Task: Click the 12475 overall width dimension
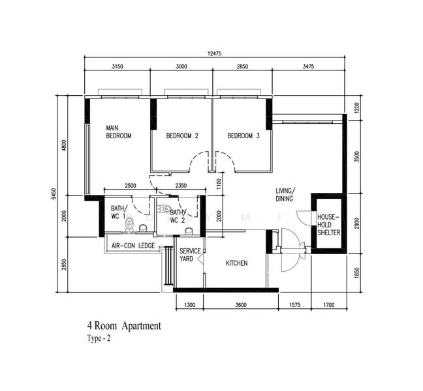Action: (215, 53)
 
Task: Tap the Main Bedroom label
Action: (118, 132)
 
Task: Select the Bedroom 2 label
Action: (182, 136)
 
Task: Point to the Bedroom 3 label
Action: (243, 136)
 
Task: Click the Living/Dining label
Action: (285, 195)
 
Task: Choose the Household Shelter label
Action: (328, 225)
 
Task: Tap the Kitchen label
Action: (236, 263)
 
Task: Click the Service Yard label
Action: (190, 255)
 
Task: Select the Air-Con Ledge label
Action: (133, 246)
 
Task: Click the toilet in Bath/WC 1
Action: (129, 224)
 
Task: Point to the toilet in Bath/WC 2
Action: (163, 209)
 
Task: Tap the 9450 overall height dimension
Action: (54, 194)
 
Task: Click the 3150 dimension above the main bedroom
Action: (117, 66)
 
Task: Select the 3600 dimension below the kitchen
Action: (241, 305)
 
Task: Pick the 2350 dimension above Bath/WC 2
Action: (181, 186)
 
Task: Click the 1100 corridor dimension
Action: (219, 184)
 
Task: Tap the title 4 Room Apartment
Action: (124, 326)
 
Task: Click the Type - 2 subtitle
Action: (99, 338)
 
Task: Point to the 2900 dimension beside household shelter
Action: (357, 224)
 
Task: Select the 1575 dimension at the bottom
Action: (294, 305)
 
